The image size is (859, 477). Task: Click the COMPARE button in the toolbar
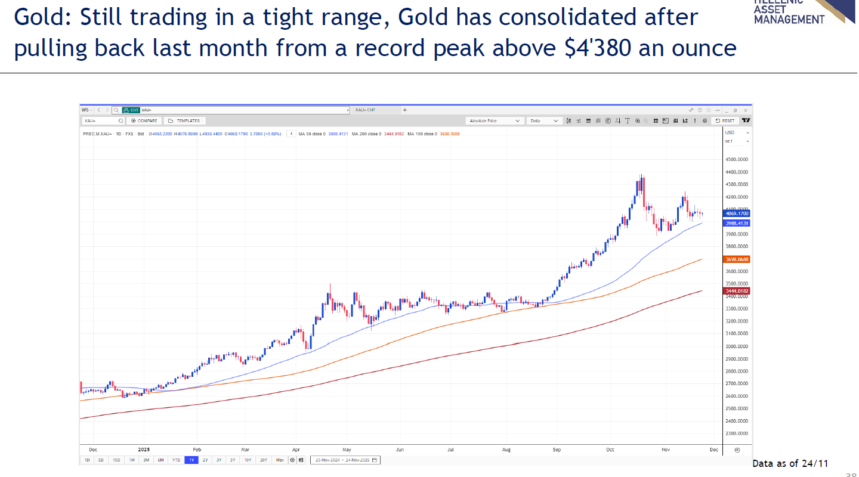144,120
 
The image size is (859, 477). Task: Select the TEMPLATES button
184,120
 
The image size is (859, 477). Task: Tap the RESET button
725,120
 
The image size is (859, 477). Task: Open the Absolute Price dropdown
495,120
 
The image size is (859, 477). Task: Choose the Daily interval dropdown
545,120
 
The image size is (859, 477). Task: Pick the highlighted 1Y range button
191,460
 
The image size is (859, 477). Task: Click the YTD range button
176,460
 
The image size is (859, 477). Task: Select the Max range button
280,460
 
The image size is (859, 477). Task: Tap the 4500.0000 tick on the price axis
736,160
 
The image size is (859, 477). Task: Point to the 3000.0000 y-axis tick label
736,346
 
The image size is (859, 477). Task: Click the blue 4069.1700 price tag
736,213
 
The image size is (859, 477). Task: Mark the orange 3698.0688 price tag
736,259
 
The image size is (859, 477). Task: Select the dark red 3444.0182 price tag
736,291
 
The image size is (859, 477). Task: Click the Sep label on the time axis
557,450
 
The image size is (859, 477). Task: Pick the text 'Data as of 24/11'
790,463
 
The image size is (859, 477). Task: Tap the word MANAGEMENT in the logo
789,19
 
